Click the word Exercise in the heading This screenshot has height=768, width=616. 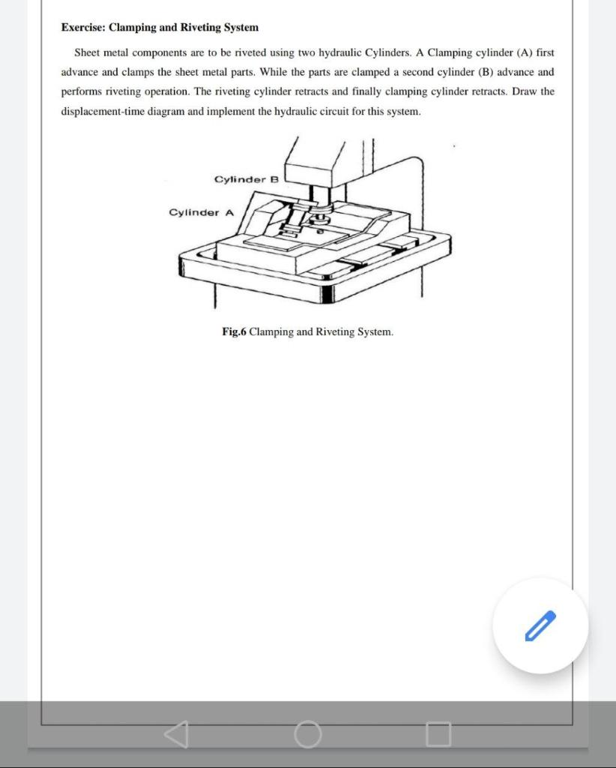83,28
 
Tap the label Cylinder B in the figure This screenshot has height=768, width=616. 246,179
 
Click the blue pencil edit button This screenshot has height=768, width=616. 540,625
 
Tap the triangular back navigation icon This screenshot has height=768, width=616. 176,734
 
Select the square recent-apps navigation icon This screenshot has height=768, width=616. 439,734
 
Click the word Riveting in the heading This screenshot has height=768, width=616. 201,28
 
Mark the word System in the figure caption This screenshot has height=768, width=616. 375,331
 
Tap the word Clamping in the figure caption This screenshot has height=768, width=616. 271,331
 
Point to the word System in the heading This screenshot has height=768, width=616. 241,28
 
